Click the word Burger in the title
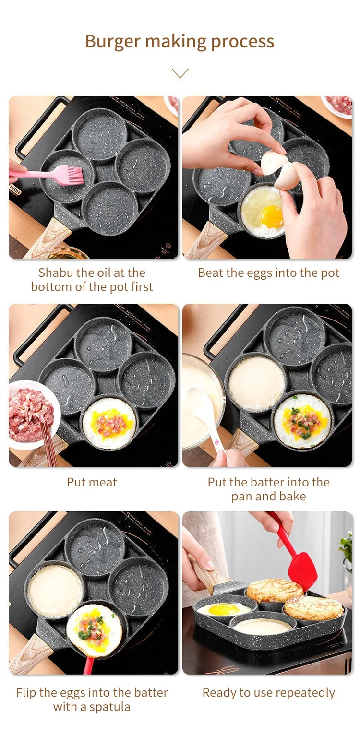(x=113, y=42)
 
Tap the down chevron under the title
(x=180, y=73)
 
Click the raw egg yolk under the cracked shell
(x=271, y=216)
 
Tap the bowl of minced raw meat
(x=32, y=415)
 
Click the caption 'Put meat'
(x=92, y=482)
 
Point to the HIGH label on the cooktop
(x=15, y=189)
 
